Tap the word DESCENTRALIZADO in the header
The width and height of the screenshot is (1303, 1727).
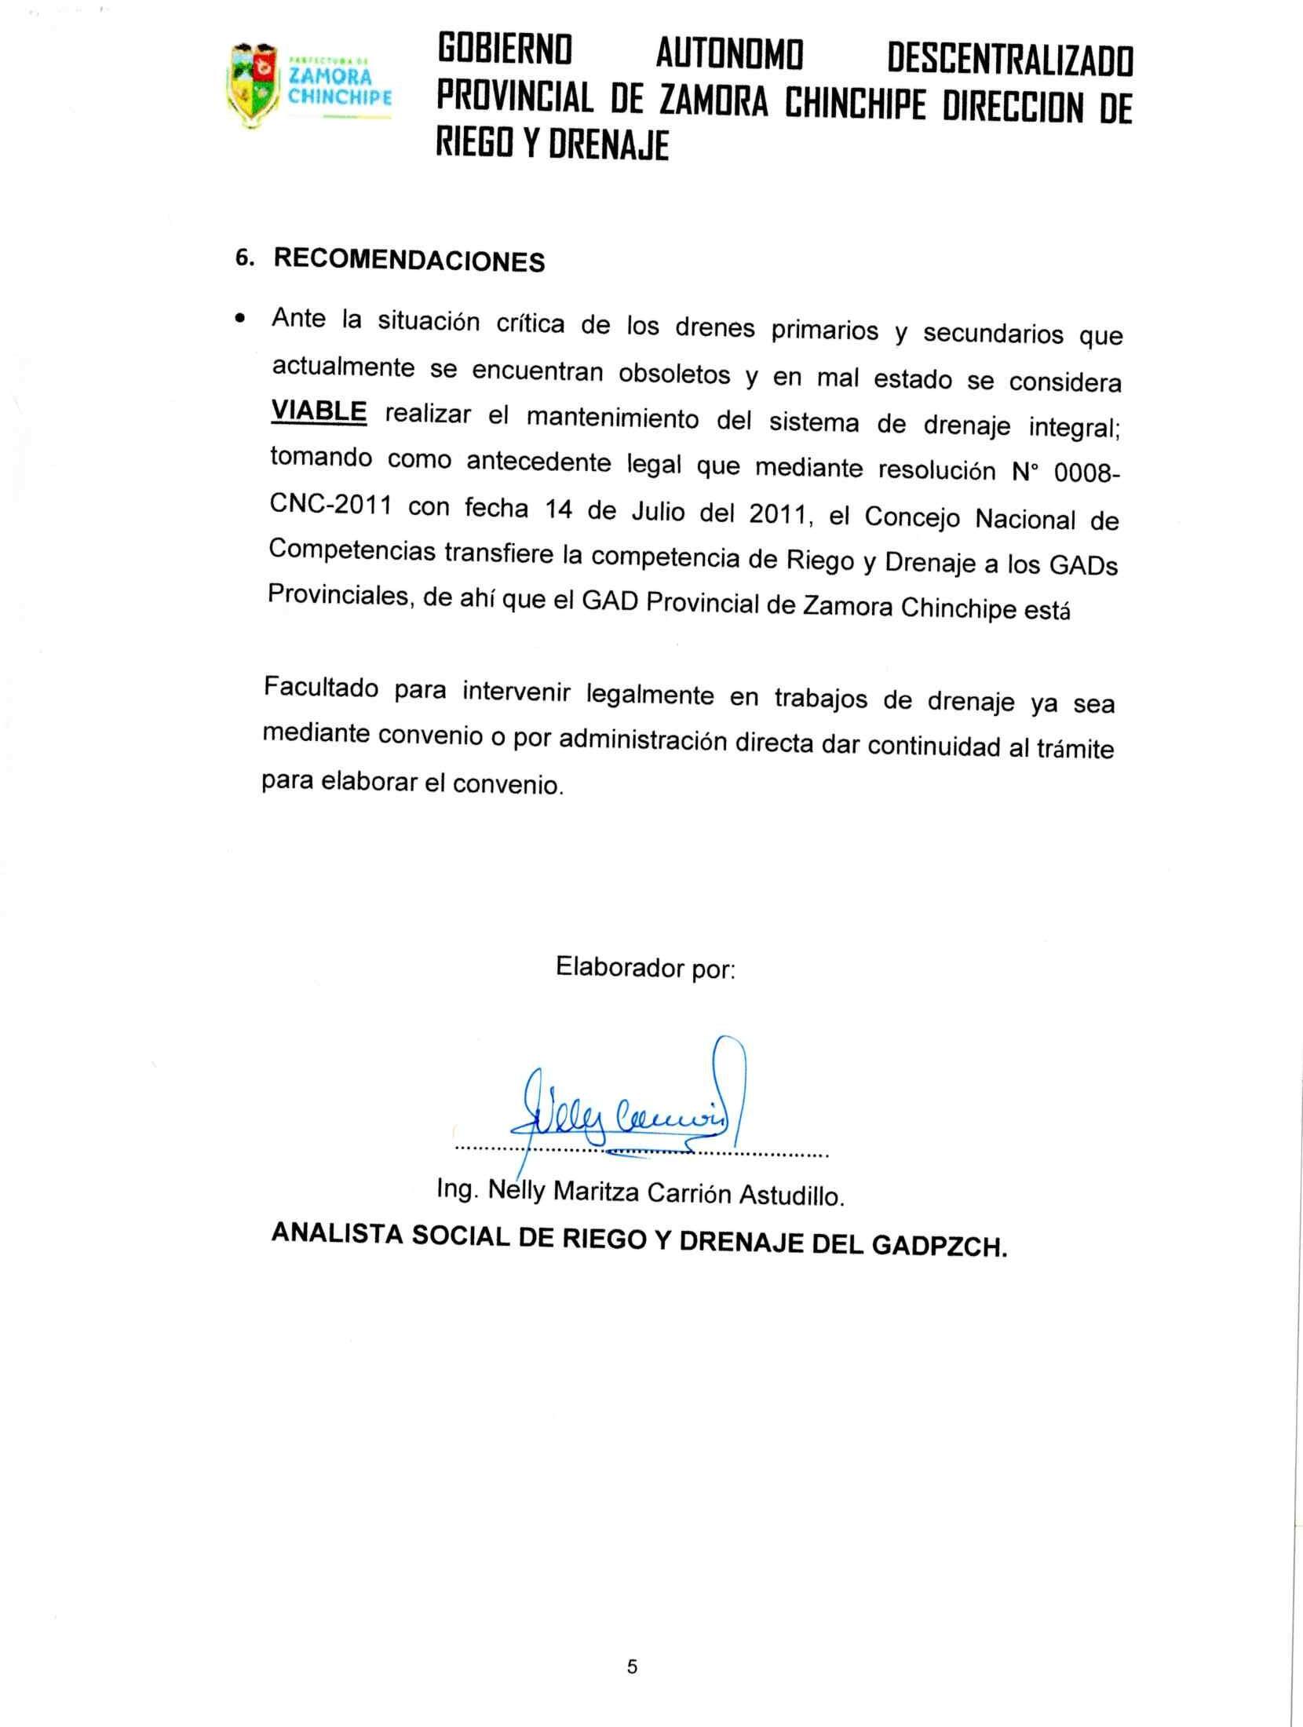(x=1009, y=61)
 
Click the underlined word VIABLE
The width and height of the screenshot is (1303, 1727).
(x=319, y=411)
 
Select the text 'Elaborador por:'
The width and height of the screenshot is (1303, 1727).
(x=645, y=968)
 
